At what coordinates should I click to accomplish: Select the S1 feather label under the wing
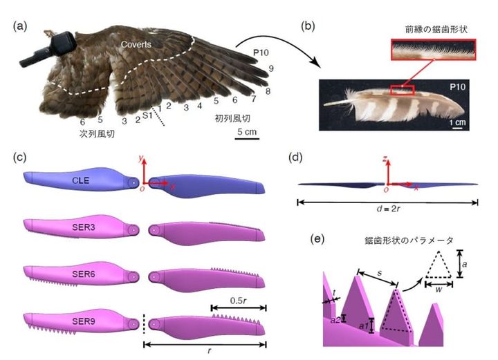pyautogui.click(x=147, y=114)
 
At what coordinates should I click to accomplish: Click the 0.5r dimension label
pyautogui.click(x=238, y=300)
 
